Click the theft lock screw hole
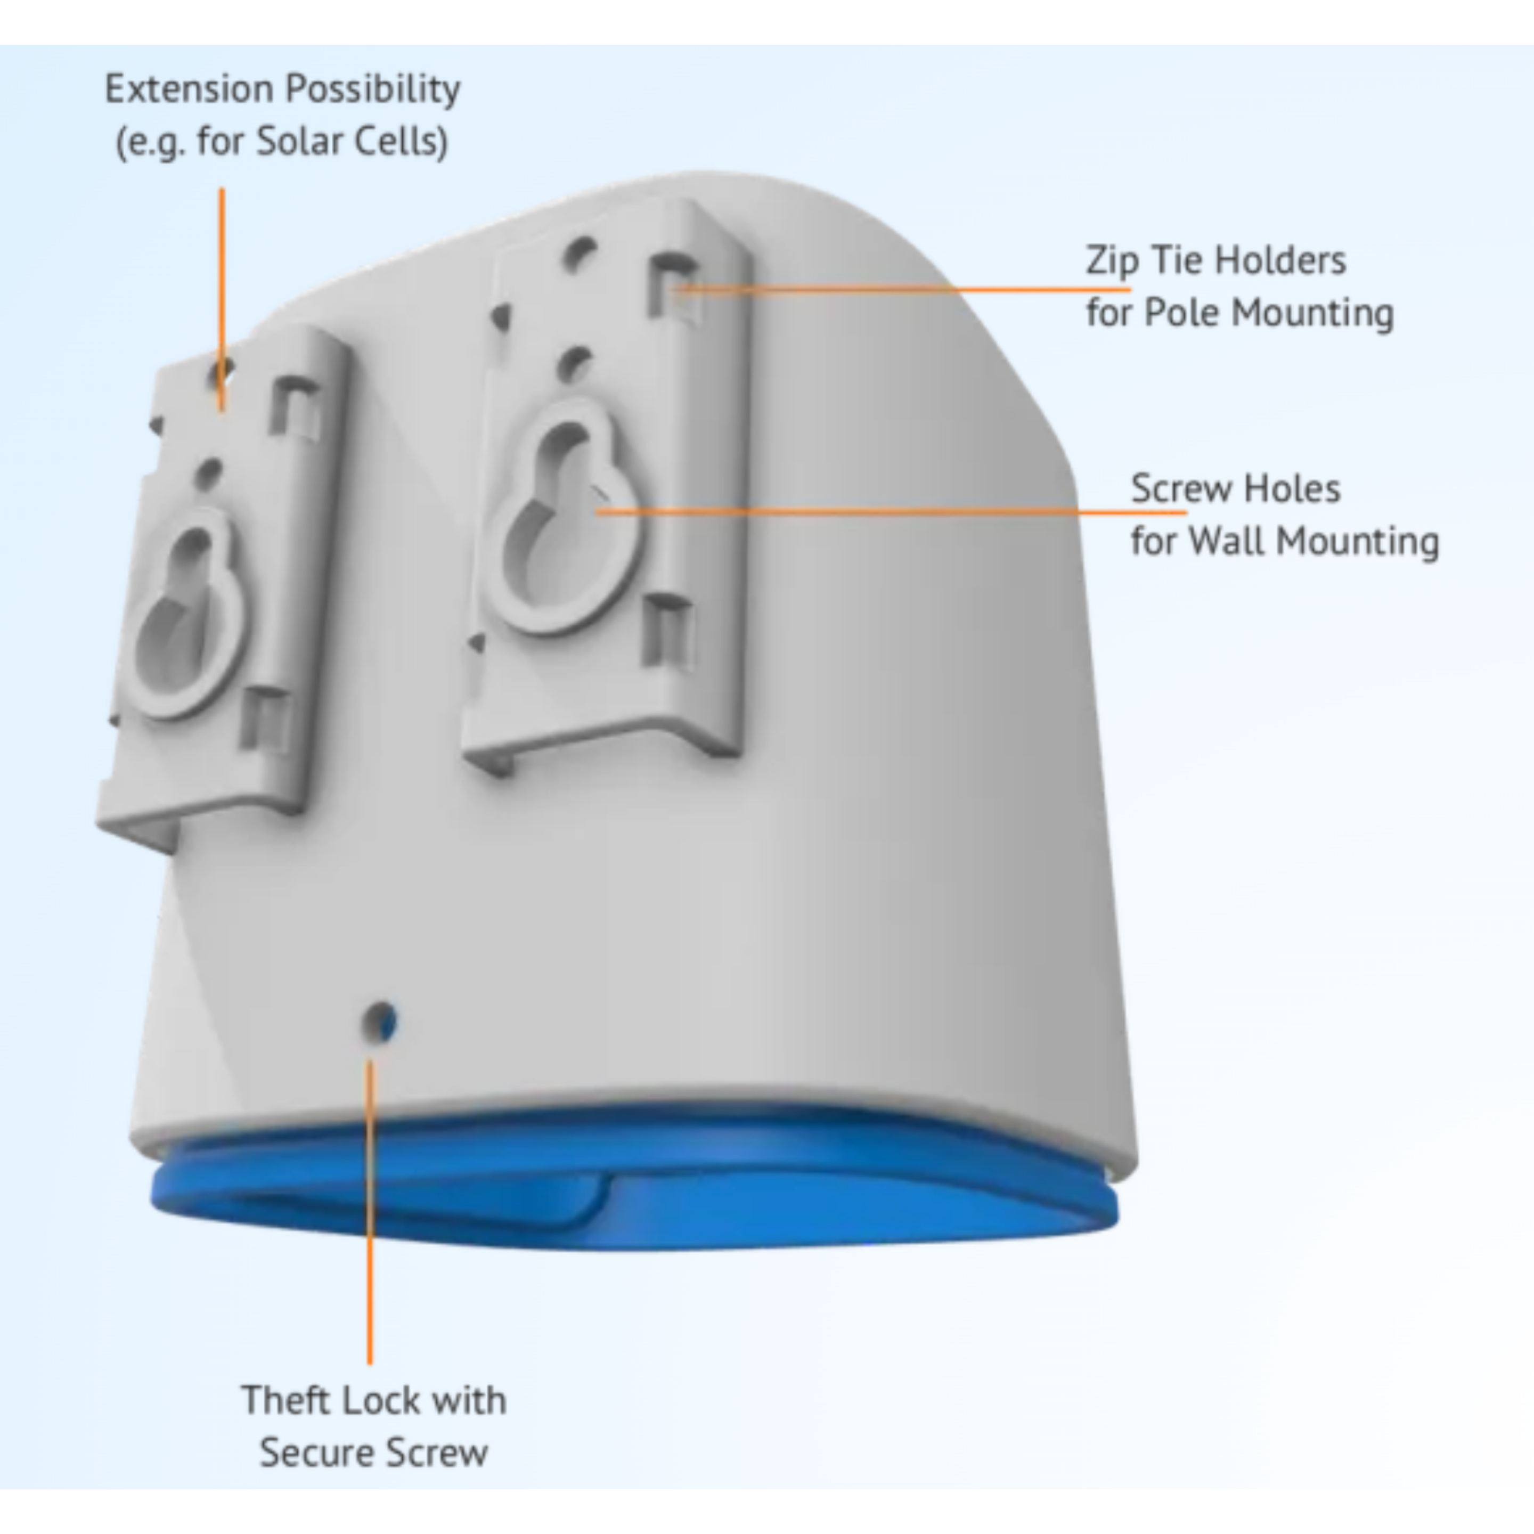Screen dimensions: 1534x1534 (380, 1021)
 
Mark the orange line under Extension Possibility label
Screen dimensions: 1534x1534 (222, 299)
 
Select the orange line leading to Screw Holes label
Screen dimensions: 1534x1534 (891, 512)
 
